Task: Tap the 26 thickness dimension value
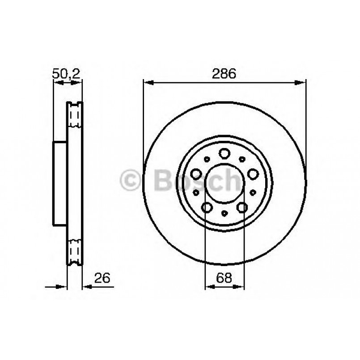coord(102,278)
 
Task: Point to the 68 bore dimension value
coord(224,278)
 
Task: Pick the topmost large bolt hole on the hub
coord(224,153)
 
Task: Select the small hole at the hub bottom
coord(224,214)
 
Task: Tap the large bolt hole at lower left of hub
coord(206,207)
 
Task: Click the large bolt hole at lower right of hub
coord(242,207)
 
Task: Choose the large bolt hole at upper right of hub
coord(254,174)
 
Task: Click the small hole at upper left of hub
coord(206,159)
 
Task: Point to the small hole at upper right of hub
coord(242,159)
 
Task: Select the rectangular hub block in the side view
coord(60,183)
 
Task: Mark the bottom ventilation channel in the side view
coord(75,250)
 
